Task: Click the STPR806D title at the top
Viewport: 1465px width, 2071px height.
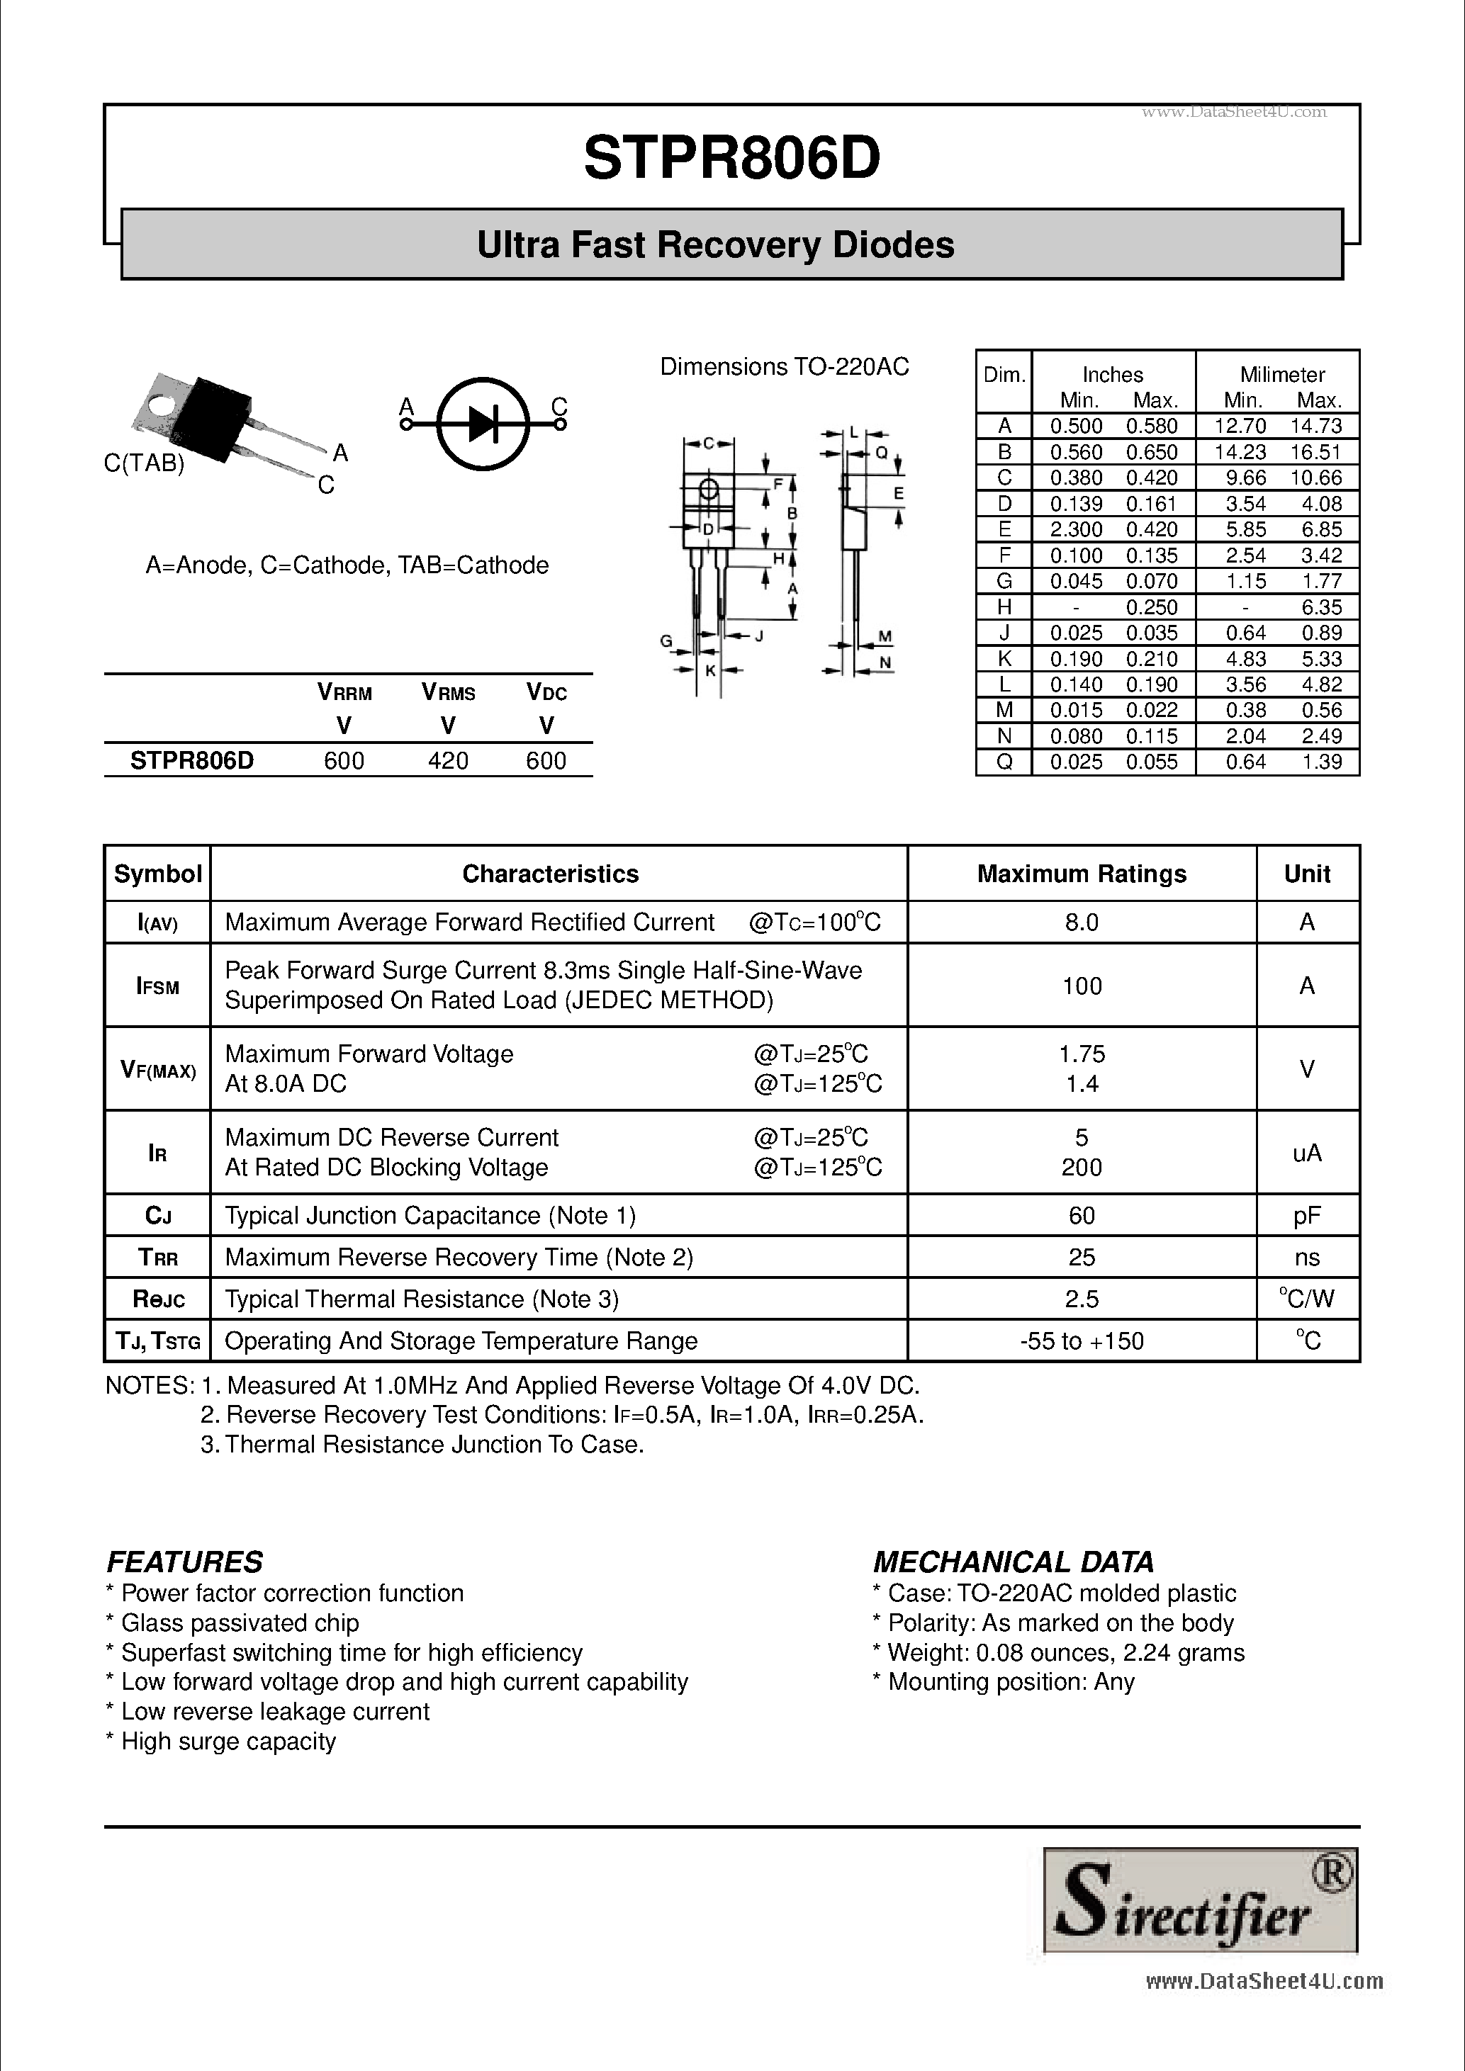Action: pos(731,159)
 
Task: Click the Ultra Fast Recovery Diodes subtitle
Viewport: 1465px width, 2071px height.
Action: pos(715,245)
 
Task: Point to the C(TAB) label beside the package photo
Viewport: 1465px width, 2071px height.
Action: pos(145,463)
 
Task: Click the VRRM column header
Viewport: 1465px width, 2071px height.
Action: pos(344,693)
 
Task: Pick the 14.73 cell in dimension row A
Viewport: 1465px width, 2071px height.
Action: pos(1316,426)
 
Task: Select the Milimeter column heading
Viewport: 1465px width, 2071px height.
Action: pos(1282,374)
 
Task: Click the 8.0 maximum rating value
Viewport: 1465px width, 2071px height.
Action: pos(1082,922)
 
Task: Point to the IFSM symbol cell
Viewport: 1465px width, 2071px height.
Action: pos(158,986)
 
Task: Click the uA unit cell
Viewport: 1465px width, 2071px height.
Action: pos(1306,1153)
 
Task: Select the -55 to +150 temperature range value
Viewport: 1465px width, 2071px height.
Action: pos(1082,1341)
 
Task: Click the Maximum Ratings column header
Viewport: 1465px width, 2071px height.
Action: pos(1082,874)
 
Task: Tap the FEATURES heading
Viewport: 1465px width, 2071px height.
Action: pos(185,1562)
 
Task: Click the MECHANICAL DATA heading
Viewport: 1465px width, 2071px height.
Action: pos(1013,1562)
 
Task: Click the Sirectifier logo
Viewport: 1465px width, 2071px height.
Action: pos(1200,1900)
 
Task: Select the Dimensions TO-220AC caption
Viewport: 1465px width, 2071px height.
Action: pos(784,367)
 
